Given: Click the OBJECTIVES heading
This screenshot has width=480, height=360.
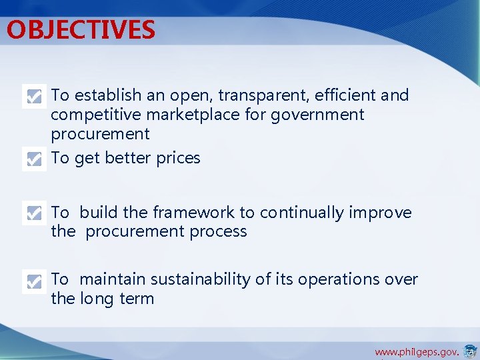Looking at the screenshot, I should coord(81,30).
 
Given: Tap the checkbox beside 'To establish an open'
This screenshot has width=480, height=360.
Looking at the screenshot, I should coord(34,97).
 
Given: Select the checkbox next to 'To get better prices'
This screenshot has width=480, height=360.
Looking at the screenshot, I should coord(34,159).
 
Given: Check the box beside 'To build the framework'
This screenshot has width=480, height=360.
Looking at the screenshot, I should coord(34,213).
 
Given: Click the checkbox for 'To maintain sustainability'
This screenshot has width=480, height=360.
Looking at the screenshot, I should coord(34,281).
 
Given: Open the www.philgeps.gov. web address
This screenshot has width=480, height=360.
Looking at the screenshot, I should coord(416,351).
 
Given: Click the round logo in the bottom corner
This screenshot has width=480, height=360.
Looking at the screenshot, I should coord(470,351).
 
